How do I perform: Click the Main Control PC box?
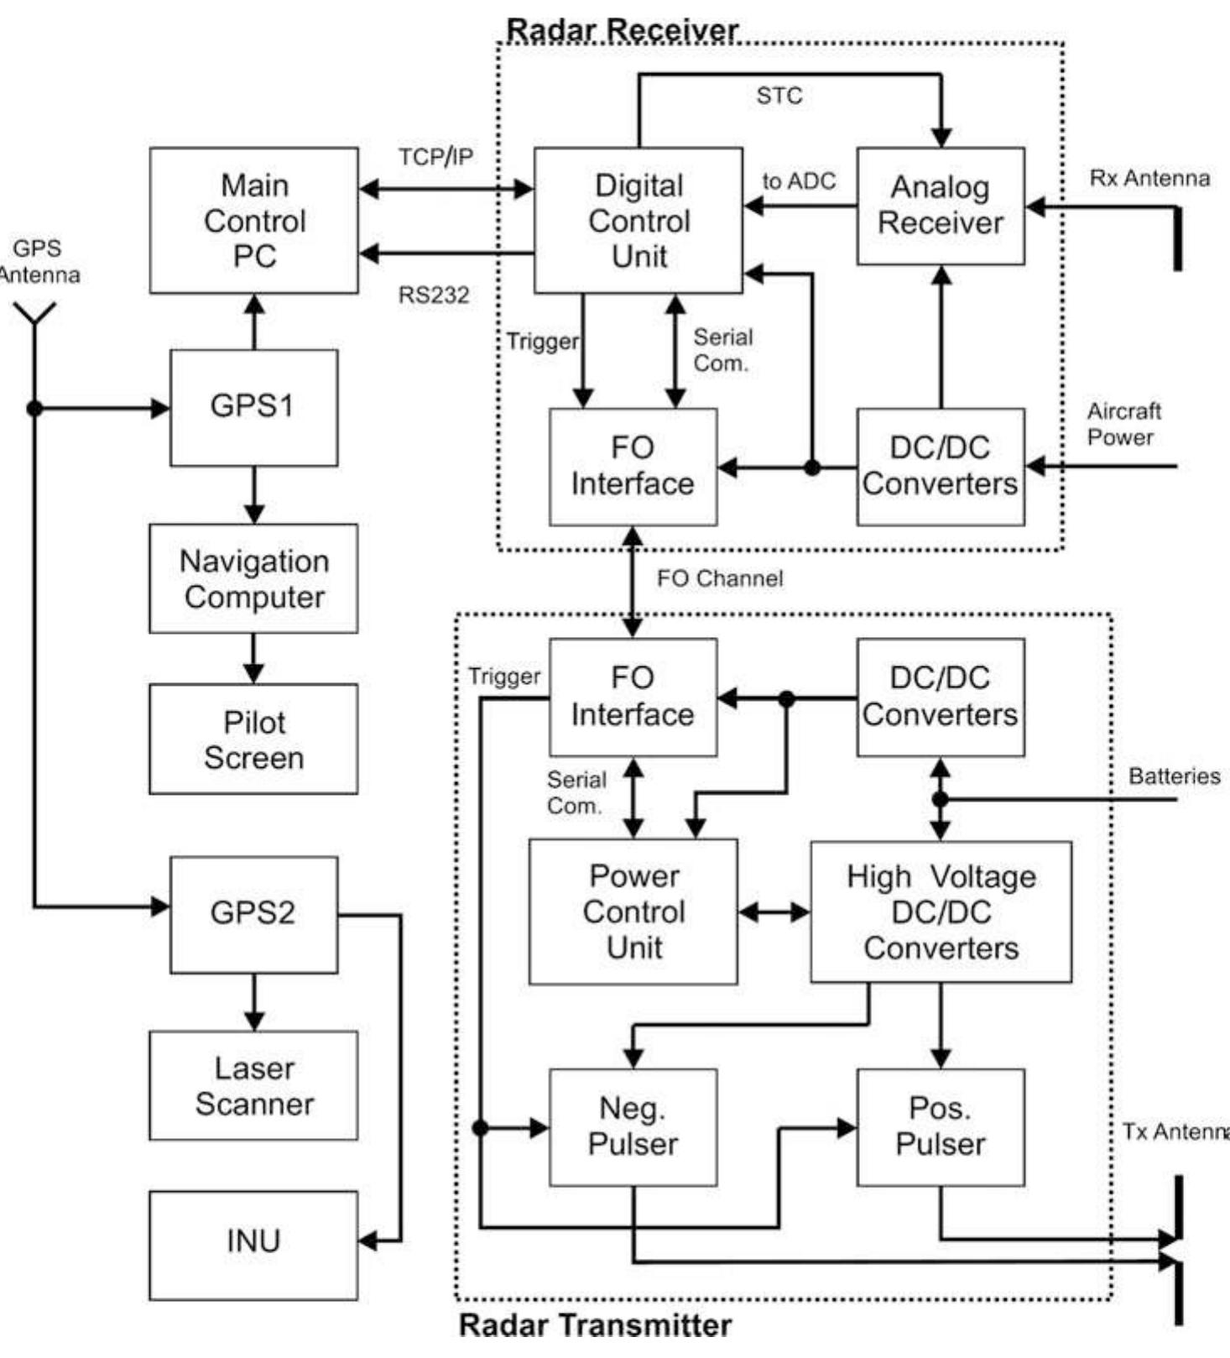pyautogui.click(x=253, y=221)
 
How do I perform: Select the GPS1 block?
pyautogui.click(x=253, y=407)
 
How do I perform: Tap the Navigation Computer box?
pyautogui.click(x=253, y=578)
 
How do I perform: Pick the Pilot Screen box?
pyautogui.click(x=253, y=739)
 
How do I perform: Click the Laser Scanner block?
pyautogui.click(x=253, y=1084)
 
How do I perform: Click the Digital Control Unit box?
pyautogui.click(x=638, y=221)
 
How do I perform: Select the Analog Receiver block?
pyautogui.click(x=940, y=206)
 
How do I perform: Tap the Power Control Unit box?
pyautogui.click(x=633, y=911)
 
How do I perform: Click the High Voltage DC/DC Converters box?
pyautogui.click(x=940, y=911)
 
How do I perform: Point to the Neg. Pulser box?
pyautogui.click(x=633, y=1126)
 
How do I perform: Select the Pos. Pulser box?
pyautogui.click(x=940, y=1126)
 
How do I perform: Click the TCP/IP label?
pyautogui.click(x=435, y=156)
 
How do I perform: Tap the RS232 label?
pyautogui.click(x=433, y=295)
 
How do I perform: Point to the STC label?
pyautogui.click(x=779, y=96)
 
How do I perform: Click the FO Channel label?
pyautogui.click(x=720, y=578)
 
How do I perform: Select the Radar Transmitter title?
pyautogui.click(x=594, y=1325)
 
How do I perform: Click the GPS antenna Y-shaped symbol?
pyautogui.click(x=34, y=313)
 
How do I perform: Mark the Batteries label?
pyautogui.click(x=1174, y=776)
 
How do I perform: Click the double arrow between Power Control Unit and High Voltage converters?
pyautogui.click(x=774, y=911)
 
